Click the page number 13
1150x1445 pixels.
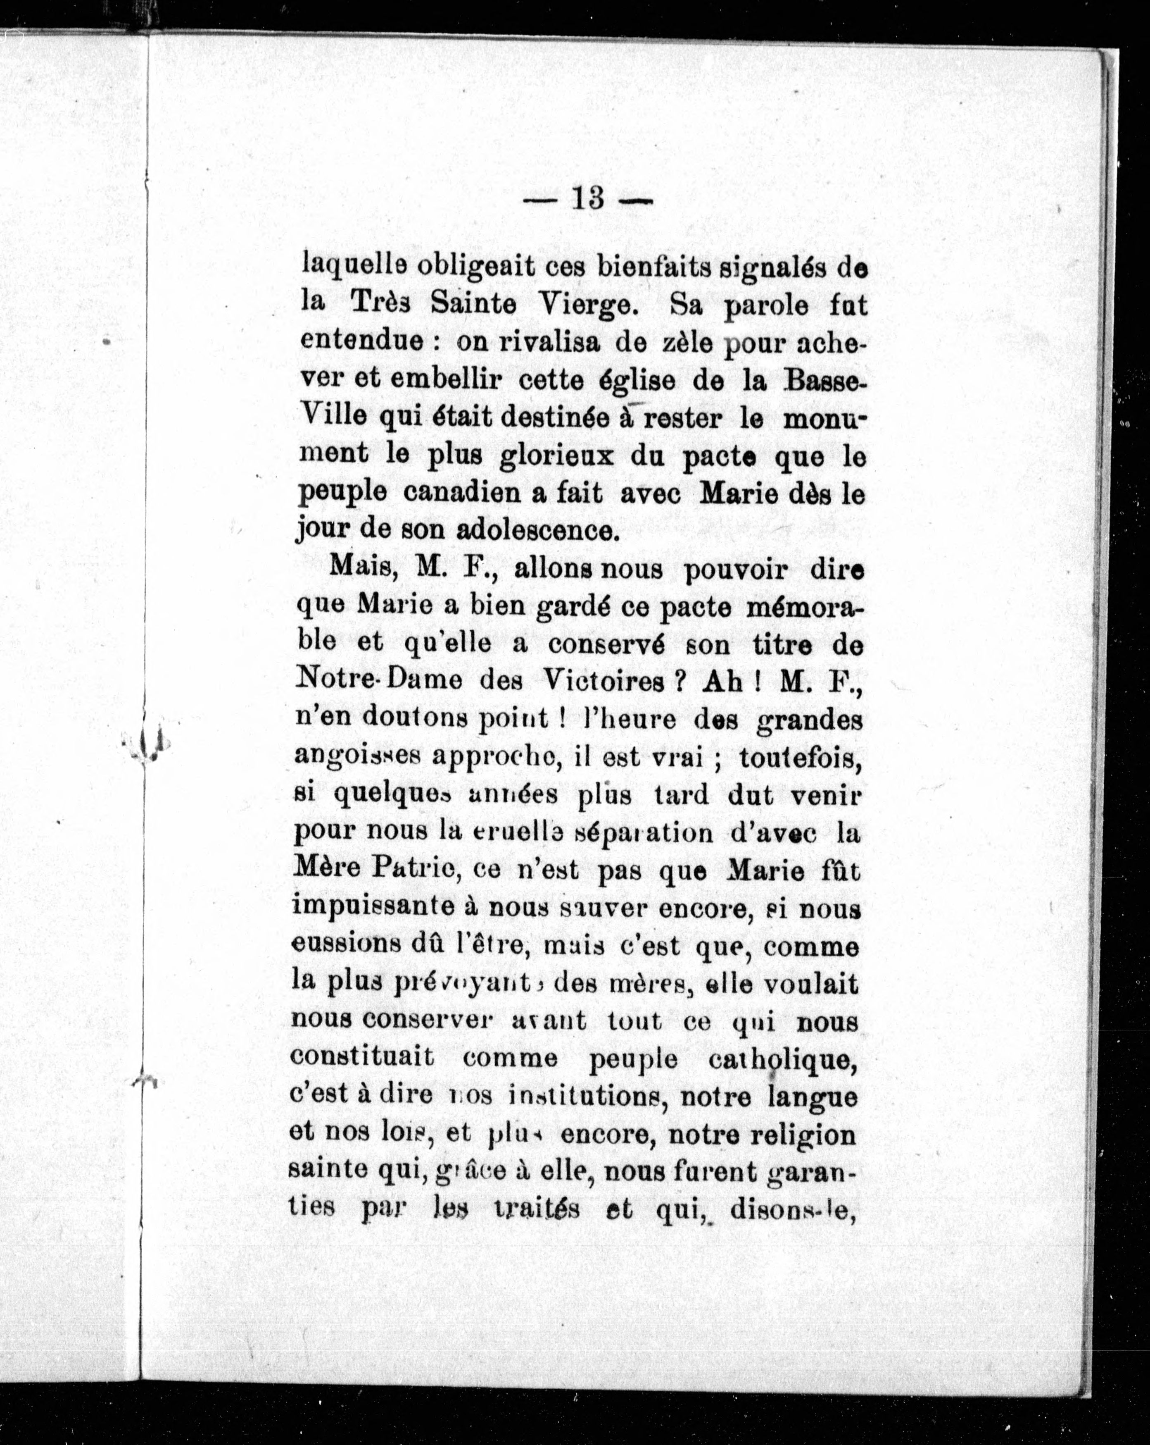588,199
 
